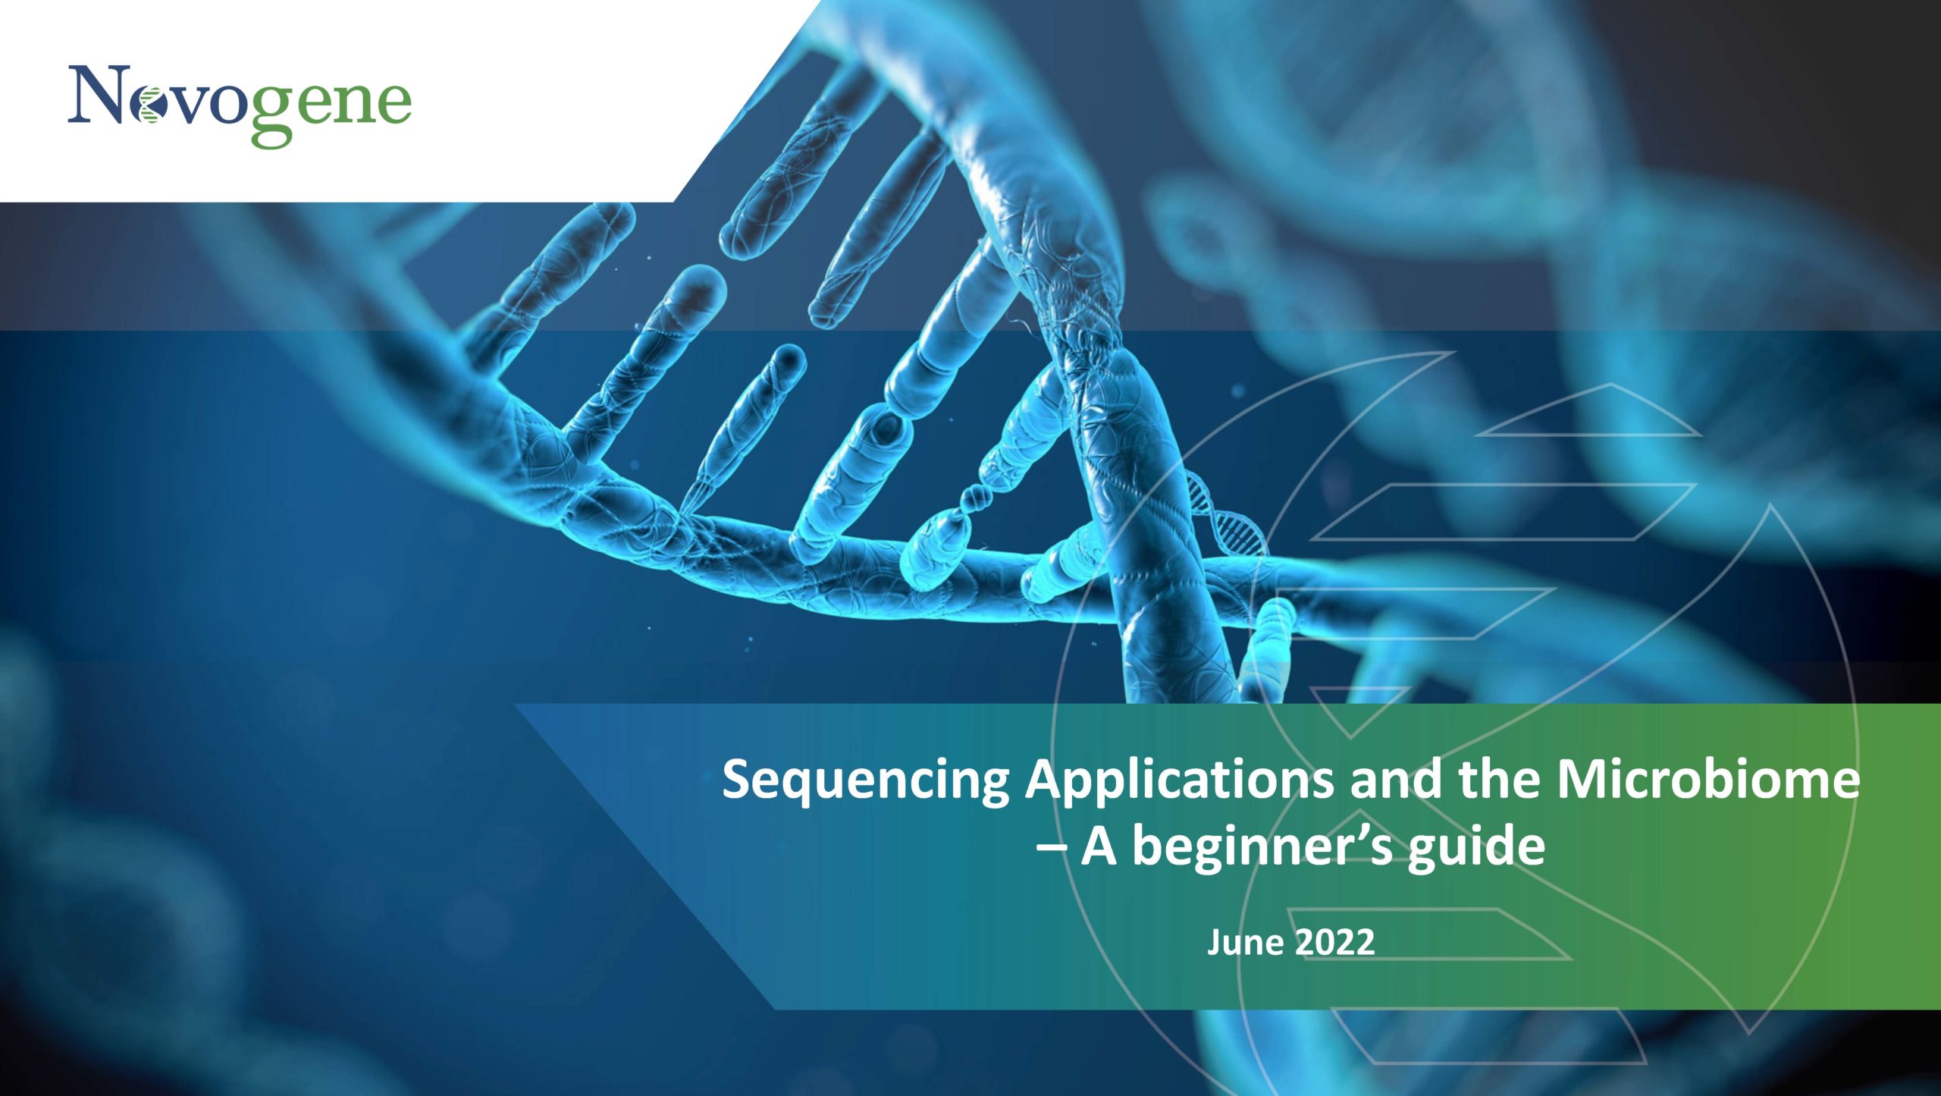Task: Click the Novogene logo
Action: point(240,105)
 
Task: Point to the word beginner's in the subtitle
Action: point(1262,848)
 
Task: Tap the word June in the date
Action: point(1246,942)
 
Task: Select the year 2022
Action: point(1334,942)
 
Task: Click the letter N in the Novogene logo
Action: point(99,94)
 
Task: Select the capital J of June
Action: point(1215,942)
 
